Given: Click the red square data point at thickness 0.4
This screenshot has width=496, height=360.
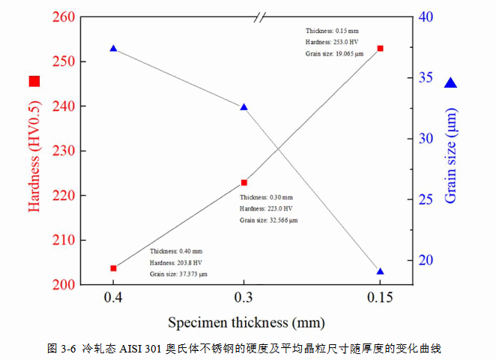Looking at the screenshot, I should [113, 268].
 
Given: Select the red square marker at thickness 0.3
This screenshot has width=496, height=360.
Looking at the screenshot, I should [244, 182].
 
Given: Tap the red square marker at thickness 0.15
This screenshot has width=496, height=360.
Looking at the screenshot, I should [380, 48].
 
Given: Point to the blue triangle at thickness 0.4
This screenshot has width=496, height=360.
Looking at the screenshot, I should [113, 49].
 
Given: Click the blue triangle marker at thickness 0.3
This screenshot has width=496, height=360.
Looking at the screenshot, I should [244, 107].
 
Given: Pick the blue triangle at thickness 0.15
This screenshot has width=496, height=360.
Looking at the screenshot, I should [380, 271].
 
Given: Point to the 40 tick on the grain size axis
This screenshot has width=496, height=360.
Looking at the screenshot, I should [426, 16].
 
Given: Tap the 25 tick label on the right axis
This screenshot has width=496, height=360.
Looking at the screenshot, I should [426, 199].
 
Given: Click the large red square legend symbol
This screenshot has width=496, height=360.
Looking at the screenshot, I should [34, 81].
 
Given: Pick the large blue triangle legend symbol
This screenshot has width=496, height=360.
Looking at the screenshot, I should [450, 83].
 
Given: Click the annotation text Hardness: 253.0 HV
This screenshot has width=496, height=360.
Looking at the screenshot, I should [330, 42].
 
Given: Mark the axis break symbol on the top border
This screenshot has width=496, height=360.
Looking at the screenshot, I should [260, 16].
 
